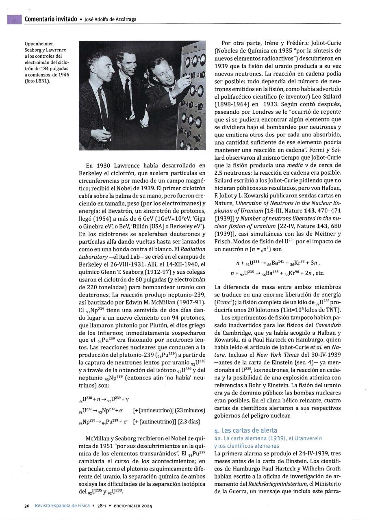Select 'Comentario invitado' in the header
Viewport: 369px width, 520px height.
[50, 19]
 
